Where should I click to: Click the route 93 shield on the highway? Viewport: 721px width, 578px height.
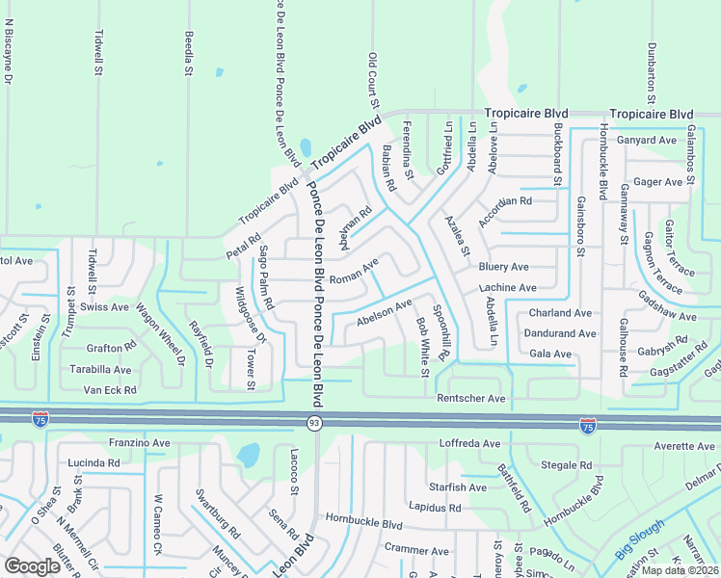click(314, 423)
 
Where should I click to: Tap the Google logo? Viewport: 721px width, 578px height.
click(33, 565)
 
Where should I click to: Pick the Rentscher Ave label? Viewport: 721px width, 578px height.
click(470, 398)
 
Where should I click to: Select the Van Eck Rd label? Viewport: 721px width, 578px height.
click(110, 390)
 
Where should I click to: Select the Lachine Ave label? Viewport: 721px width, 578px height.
click(507, 288)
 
